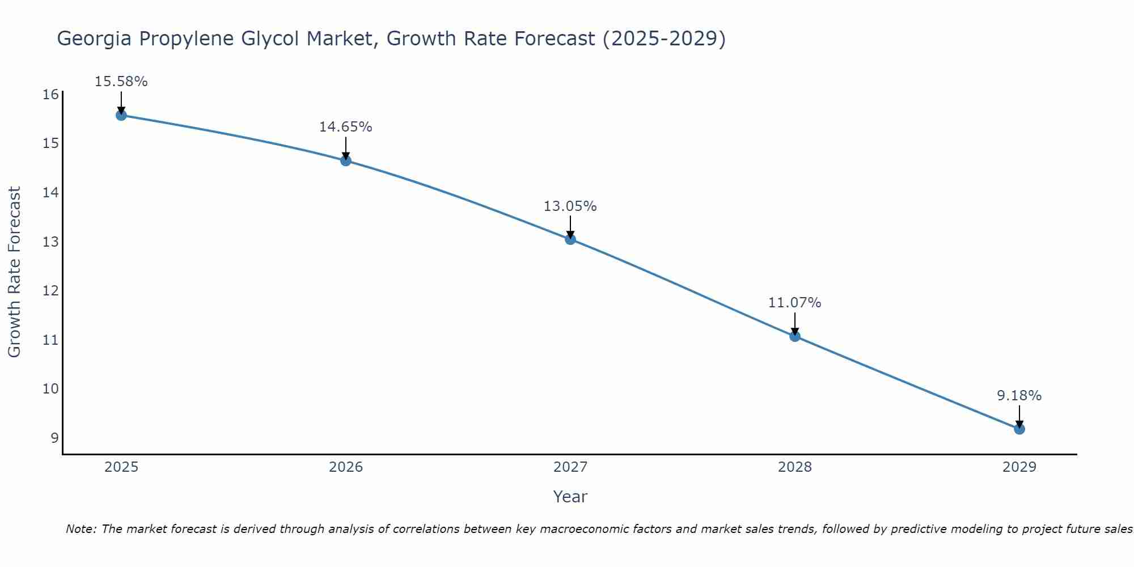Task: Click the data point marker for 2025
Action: click(x=121, y=115)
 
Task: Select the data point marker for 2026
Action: click(x=346, y=160)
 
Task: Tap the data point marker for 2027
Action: click(x=570, y=239)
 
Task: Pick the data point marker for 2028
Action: click(x=795, y=336)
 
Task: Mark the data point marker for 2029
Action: click(x=1019, y=429)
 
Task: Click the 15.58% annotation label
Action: click(x=121, y=82)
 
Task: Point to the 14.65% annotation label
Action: click(x=346, y=127)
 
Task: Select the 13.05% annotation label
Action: click(x=570, y=206)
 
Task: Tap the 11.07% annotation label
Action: click(x=795, y=303)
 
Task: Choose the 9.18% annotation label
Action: click(x=1019, y=396)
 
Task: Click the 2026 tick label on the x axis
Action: click(x=346, y=467)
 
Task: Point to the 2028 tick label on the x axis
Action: click(x=795, y=467)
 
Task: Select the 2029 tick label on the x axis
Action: click(x=1019, y=467)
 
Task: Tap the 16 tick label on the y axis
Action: click(x=50, y=94)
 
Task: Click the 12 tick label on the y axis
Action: click(x=50, y=291)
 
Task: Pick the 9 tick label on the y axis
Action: click(x=54, y=438)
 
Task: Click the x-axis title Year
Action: click(x=570, y=497)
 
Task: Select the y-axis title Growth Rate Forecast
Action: click(x=15, y=272)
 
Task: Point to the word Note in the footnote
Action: click(x=79, y=529)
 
